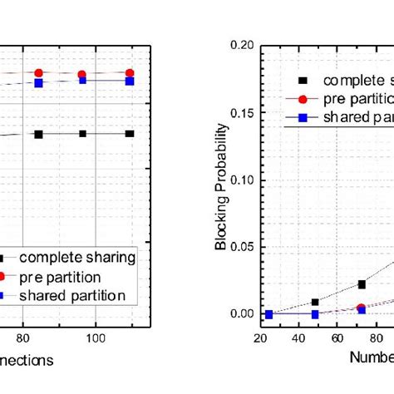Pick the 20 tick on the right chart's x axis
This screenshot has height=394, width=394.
click(260, 338)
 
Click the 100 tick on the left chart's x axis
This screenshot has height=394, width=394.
click(96, 338)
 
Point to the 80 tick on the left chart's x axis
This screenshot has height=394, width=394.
click(22, 338)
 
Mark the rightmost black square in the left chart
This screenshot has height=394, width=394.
click(129, 134)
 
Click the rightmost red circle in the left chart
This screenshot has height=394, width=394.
click(129, 73)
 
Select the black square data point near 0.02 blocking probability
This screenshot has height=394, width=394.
click(362, 284)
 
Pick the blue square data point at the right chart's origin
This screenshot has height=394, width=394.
click(268, 314)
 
